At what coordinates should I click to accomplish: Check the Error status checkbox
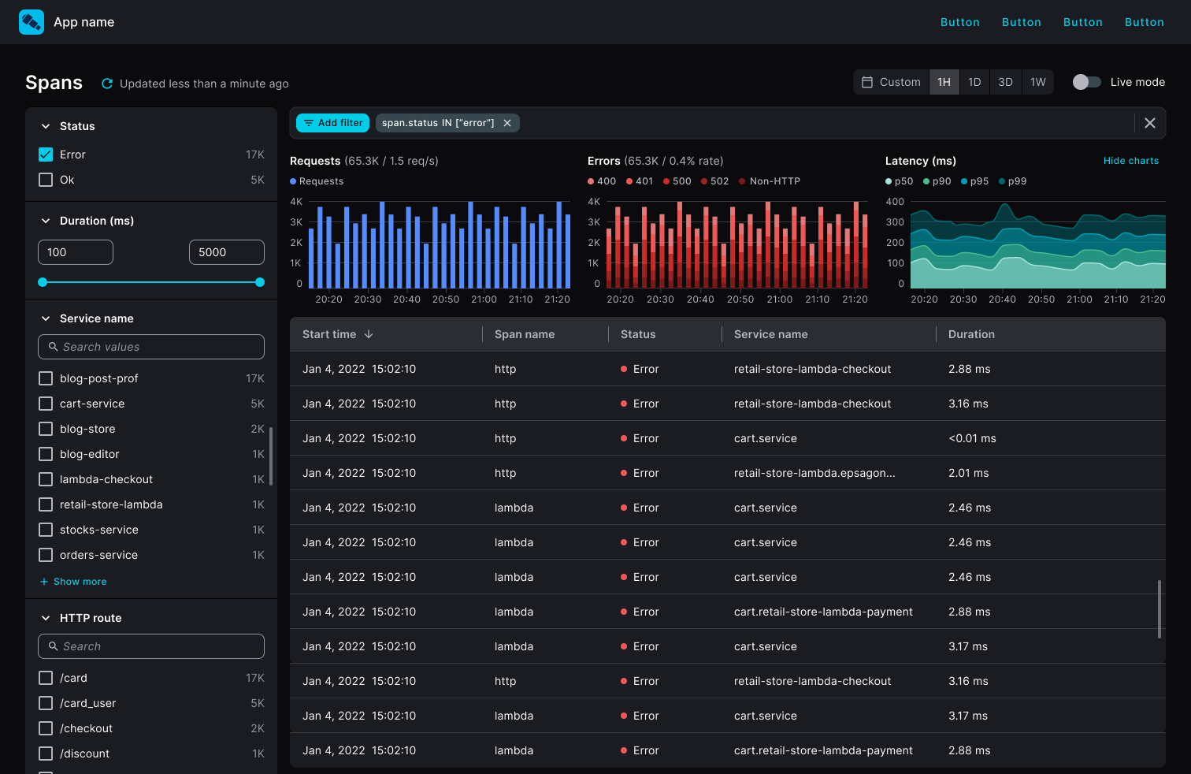(46, 154)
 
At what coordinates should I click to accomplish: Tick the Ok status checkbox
(46, 180)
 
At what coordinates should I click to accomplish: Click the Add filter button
(333, 123)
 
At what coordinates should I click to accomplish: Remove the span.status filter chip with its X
(507, 123)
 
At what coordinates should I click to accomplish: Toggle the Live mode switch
(1086, 82)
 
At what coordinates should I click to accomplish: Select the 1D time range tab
(974, 82)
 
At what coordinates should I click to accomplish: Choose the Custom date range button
(891, 82)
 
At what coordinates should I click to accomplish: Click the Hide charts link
(1130, 161)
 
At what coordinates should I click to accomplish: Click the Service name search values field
(151, 347)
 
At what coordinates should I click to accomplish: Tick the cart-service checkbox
(46, 404)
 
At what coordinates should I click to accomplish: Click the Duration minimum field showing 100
(76, 252)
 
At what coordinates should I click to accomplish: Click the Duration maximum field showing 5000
(226, 252)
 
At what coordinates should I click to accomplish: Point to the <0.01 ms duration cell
(972, 438)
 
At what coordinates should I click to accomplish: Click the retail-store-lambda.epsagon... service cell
(814, 473)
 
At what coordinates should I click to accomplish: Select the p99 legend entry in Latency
(1013, 181)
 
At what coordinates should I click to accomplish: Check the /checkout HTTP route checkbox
(46, 728)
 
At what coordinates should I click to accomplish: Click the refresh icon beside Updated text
(107, 84)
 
